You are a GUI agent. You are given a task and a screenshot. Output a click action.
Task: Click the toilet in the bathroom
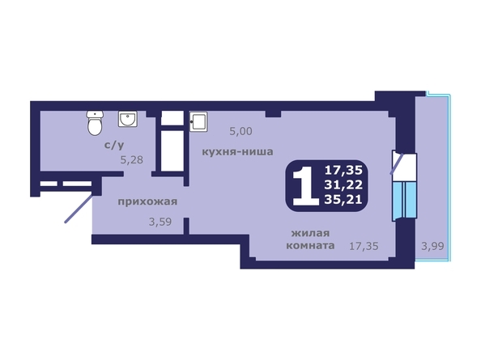coord(95,125)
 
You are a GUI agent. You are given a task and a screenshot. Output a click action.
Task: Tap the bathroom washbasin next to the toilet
coord(128,121)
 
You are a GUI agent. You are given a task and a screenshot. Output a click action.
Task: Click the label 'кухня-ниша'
coord(236,151)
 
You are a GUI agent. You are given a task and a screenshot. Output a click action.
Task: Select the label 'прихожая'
coord(147,201)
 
